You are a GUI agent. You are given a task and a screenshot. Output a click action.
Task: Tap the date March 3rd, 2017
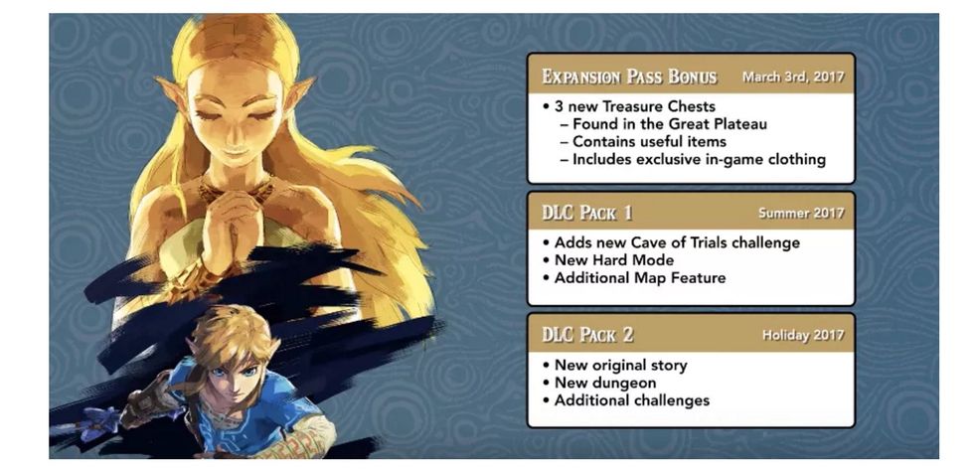click(x=792, y=77)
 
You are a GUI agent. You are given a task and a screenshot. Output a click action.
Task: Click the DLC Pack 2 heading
click(x=586, y=335)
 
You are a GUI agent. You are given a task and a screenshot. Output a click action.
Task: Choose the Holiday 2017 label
click(x=802, y=335)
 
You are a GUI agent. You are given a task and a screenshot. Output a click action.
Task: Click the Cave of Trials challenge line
click(x=676, y=242)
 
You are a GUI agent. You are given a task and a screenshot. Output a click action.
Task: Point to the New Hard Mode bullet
click(x=614, y=260)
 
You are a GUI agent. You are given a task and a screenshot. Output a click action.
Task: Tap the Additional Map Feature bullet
click(x=639, y=278)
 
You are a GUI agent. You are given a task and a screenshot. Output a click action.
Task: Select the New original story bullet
click(x=620, y=365)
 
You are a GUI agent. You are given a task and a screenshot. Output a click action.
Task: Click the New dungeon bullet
click(x=604, y=383)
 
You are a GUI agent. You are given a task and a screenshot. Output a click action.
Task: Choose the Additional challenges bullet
click(x=631, y=400)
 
